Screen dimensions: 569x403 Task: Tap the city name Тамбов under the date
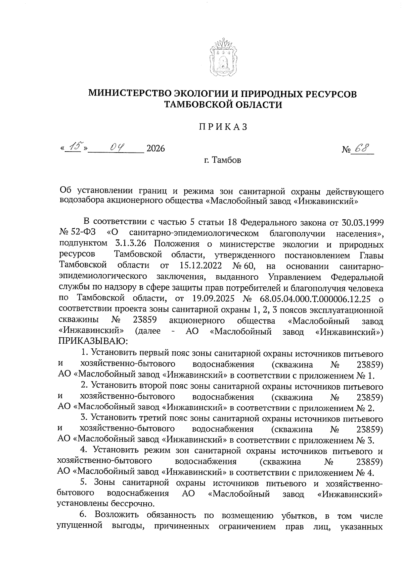tap(227, 160)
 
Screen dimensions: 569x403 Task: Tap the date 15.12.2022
tap(200, 266)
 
